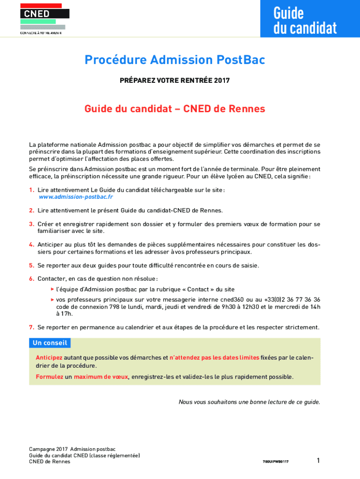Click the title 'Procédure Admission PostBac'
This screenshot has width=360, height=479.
tap(175, 60)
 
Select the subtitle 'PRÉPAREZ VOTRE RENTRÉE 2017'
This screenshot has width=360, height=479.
tap(175, 80)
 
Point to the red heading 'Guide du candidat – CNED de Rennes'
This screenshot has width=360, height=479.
tap(175, 109)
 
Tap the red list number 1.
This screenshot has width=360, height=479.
tap(31, 190)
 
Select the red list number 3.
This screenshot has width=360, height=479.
tap(31, 224)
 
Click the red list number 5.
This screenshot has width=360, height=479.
tap(31, 266)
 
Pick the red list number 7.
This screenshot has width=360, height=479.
tap(31, 327)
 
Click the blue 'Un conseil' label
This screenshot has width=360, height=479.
tap(50, 343)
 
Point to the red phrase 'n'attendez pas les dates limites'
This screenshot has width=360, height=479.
tap(214, 358)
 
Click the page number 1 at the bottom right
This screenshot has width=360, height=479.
tap(318, 461)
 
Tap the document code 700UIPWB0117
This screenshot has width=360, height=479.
tap(275, 462)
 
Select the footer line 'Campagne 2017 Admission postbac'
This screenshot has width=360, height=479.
tap(72, 449)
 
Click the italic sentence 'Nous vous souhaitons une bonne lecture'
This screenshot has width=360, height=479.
tap(249, 402)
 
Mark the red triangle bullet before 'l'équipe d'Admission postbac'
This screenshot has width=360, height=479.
tap(52, 289)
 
